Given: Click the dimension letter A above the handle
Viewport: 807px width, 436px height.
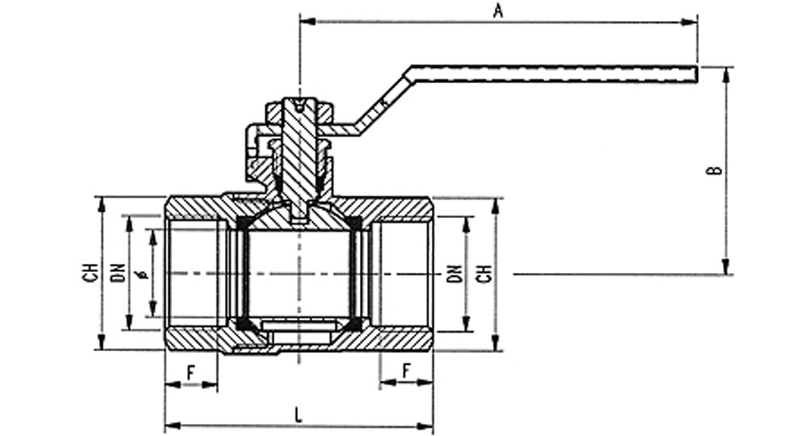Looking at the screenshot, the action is tap(498, 10).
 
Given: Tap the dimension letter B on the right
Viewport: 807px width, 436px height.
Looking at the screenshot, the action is tap(716, 170).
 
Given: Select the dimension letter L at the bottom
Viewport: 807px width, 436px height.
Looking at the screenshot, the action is tap(299, 415).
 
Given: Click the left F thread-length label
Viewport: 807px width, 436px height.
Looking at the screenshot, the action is tap(191, 373).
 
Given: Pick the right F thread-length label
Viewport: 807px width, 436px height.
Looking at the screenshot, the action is tap(407, 371).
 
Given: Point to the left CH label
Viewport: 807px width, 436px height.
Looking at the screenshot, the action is tap(90, 273).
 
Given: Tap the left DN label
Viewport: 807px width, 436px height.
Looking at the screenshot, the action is tap(119, 273).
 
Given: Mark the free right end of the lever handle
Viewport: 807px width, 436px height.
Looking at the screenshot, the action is tap(697, 74).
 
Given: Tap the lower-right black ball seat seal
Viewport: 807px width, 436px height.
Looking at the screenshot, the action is tap(354, 324).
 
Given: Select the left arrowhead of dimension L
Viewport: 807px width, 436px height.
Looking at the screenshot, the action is tap(173, 426).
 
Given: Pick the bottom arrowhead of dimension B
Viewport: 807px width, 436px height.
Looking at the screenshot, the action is tap(725, 266).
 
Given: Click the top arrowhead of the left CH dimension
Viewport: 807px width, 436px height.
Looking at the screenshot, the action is tap(102, 204).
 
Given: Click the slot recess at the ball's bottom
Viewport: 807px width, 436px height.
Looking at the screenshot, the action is tap(299, 325).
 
